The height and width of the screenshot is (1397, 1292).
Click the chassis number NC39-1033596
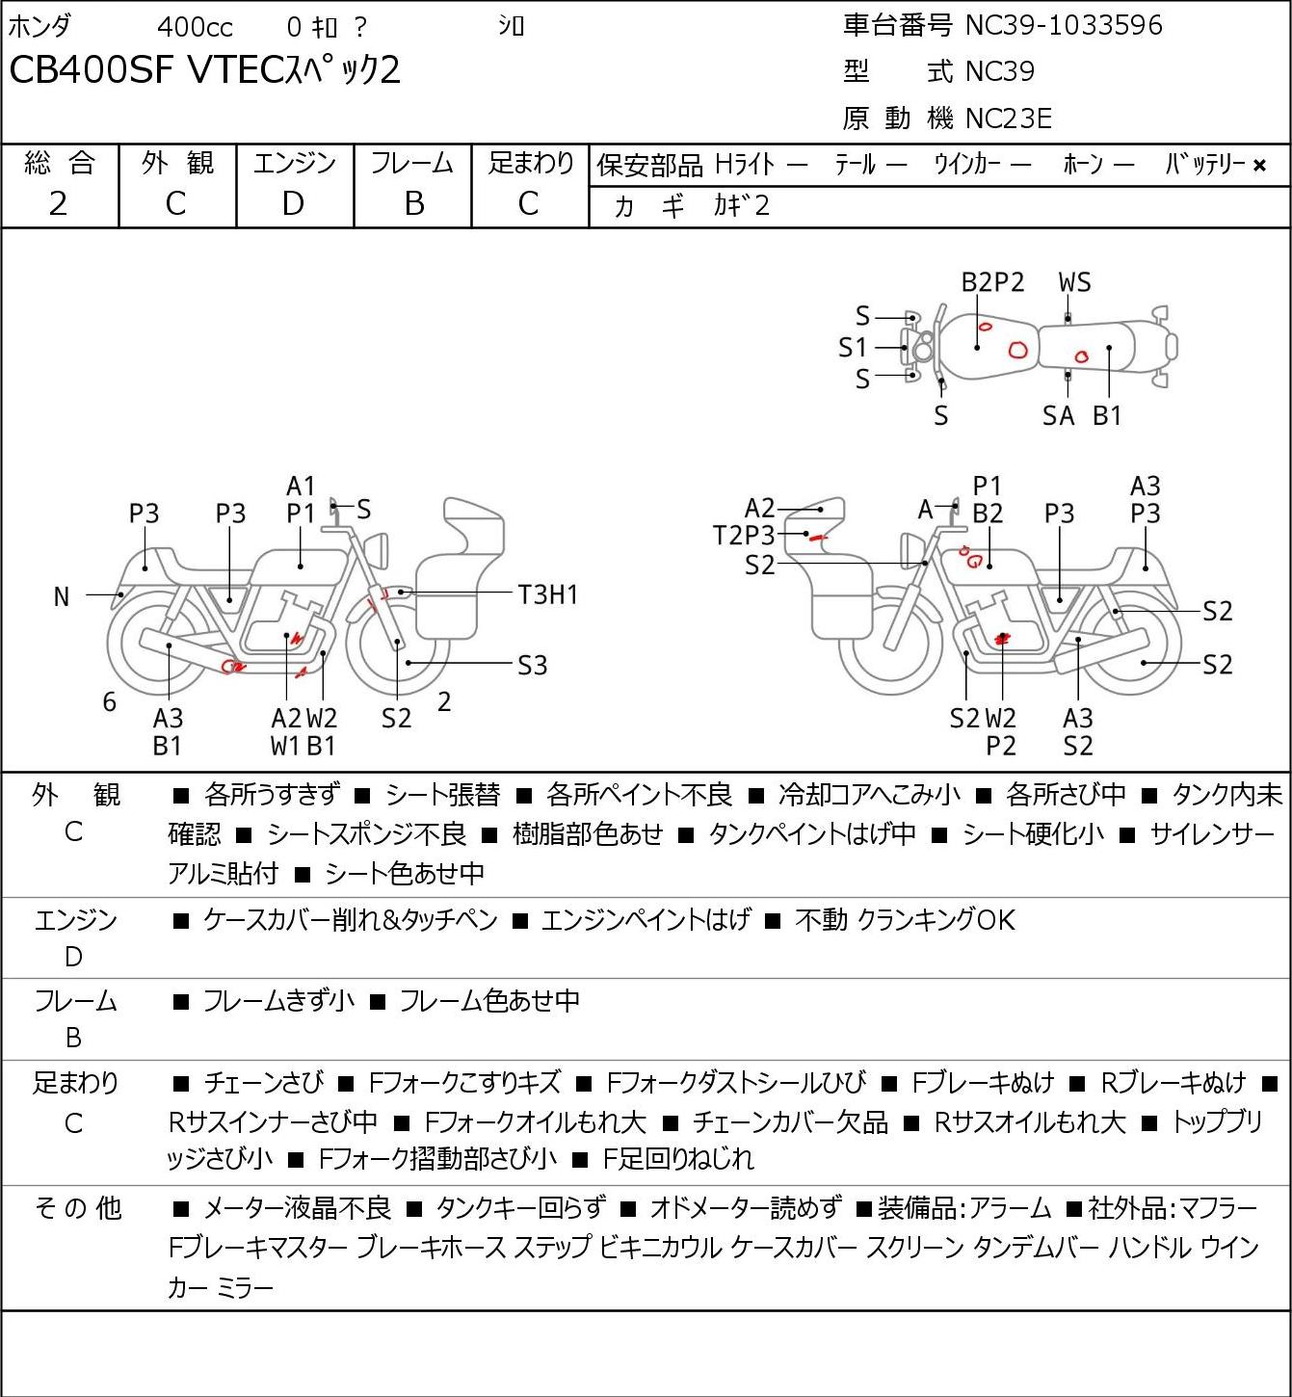[x=1064, y=25]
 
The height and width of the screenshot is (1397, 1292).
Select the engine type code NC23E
[x=1009, y=119]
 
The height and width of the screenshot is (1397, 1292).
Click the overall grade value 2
[x=58, y=204]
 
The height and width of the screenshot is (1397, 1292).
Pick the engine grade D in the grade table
[x=293, y=204]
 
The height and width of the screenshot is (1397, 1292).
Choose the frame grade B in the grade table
[x=413, y=204]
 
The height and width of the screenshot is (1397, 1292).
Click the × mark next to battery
[x=1259, y=166]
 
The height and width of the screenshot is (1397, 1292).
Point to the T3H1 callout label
[x=547, y=595]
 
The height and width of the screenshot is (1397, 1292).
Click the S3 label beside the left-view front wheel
[x=532, y=665]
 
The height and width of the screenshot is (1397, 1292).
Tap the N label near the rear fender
[x=62, y=597]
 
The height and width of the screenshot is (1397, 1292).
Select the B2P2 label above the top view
[x=992, y=282]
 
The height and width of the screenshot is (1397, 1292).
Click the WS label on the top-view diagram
[x=1074, y=282]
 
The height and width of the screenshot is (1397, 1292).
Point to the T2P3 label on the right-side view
[x=743, y=536]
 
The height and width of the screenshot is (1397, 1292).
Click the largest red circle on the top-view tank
[x=1017, y=350]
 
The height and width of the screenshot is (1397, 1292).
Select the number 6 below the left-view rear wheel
[x=109, y=701]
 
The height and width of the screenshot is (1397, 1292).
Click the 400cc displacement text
[x=195, y=27]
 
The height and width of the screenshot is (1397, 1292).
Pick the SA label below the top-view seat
[x=1059, y=415]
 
